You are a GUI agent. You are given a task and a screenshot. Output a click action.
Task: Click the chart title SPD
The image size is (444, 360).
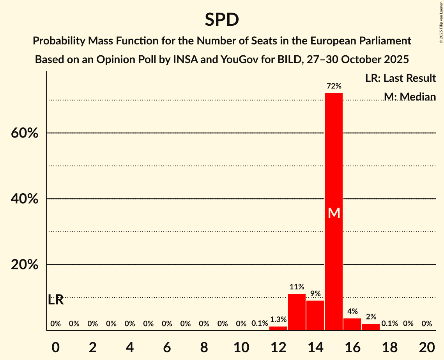pyautogui.click(x=222, y=19)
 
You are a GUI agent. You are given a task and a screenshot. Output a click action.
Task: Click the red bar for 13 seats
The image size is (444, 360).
pyautogui.click(x=297, y=312)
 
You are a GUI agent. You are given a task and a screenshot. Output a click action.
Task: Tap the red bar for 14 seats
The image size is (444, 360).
pyautogui.click(x=315, y=315)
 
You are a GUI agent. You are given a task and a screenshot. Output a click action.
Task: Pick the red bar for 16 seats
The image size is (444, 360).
pyautogui.click(x=352, y=324)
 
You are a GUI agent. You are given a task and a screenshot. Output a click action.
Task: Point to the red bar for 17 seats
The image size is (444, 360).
pyautogui.click(x=371, y=327)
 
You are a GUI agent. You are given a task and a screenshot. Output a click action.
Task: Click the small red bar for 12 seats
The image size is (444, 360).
pyautogui.click(x=278, y=328)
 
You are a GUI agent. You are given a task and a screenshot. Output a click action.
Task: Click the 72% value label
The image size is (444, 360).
pyautogui.click(x=334, y=86)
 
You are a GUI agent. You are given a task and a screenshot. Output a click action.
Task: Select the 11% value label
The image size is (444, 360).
pyautogui.click(x=297, y=287)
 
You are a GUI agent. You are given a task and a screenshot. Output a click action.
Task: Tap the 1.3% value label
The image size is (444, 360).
pyautogui.click(x=278, y=319)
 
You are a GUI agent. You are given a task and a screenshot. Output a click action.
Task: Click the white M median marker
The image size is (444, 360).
pyautogui.click(x=334, y=213)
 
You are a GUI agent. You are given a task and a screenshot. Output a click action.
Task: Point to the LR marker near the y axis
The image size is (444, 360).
pyautogui.click(x=56, y=300)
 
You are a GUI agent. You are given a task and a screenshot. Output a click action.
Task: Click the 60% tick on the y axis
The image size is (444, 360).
pyautogui.click(x=24, y=133)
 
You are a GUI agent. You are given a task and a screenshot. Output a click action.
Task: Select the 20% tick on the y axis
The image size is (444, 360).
pyautogui.click(x=24, y=265)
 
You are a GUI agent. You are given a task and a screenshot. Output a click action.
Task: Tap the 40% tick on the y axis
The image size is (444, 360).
pyautogui.click(x=24, y=199)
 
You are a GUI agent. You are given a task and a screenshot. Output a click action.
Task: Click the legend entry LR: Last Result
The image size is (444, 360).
pyautogui.click(x=400, y=78)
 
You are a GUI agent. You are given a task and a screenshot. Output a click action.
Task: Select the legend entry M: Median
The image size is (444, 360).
pyautogui.click(x=409, y=97)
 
